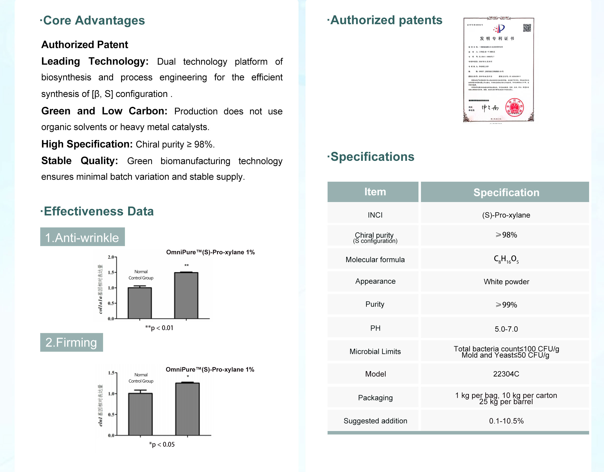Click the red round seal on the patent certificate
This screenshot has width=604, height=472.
(514, 107)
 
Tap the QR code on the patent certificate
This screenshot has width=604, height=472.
(527, 28)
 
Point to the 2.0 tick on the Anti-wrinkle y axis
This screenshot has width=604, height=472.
(111, 257)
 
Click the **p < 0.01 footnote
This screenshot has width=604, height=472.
(159, 328)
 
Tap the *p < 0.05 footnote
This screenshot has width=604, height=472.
(162, 444)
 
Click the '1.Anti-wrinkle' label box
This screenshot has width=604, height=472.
(82, 237)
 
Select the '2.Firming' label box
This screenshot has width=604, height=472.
(71, 343)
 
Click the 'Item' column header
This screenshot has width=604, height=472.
(375, 192)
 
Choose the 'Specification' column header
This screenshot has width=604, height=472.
(506, 192)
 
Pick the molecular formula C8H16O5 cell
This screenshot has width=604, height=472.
(506, 259)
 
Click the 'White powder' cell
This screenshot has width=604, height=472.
(506, 282)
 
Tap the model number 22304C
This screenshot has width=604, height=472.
(506, 374)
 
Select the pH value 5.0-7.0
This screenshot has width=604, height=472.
(506, 329)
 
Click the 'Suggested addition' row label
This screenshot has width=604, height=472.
(375, 421)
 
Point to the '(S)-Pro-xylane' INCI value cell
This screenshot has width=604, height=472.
(506, 215)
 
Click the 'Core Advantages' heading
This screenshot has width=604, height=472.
(94, 20)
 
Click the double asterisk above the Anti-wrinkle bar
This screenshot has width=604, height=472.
(187, 265)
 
